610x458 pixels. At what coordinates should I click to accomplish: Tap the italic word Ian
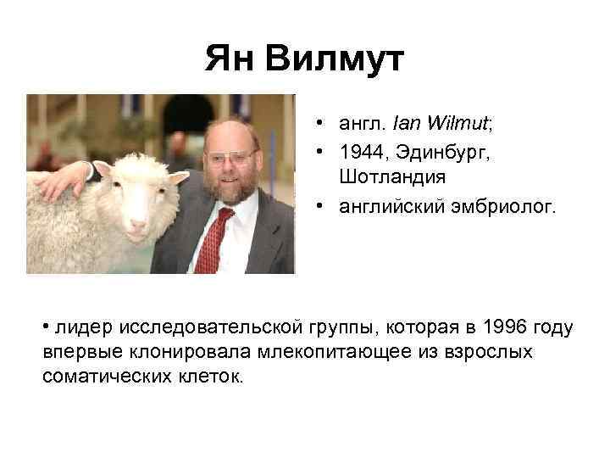(404, 125)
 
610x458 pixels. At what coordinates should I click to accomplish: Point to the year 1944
(357, 154)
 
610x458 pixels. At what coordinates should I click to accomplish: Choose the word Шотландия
(386, 177)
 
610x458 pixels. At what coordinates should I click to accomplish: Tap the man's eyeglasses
(231, 158)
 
